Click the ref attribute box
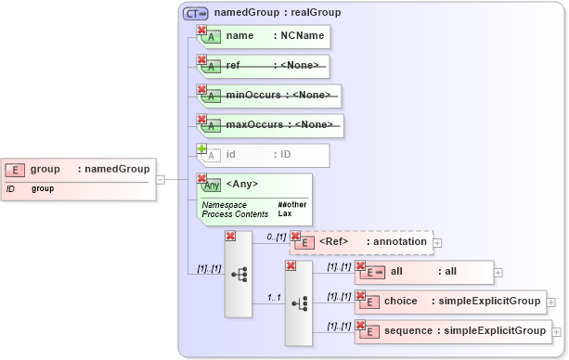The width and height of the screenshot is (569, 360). (x=265, y=66)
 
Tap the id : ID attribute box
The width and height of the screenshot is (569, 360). (x=265, y=155)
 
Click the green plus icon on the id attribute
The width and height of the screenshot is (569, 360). (x=201, y=148)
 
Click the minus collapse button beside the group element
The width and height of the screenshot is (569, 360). (x=160, y=179)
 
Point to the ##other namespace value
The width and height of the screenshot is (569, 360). (x=291, y=204)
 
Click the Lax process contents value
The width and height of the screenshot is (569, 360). (x=285, y=213)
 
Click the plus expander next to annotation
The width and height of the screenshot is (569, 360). (x=437, y=242)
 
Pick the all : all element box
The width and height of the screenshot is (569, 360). (x=426, y=273)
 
